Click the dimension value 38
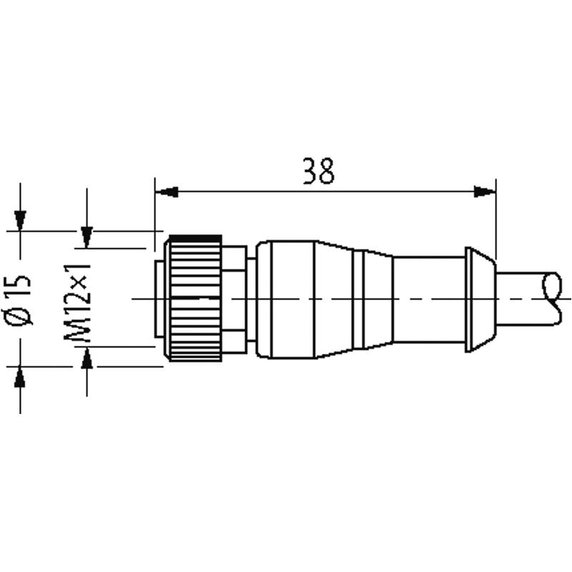pos(318,171)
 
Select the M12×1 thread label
pos(77,301)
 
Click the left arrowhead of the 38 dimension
pos(167,192)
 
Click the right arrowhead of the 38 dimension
pos(485,192)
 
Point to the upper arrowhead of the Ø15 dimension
pos(20,221)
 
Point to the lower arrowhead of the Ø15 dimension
pos(20,377)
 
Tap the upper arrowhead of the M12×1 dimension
pos(87,237)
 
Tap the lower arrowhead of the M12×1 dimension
pos(87,357)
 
